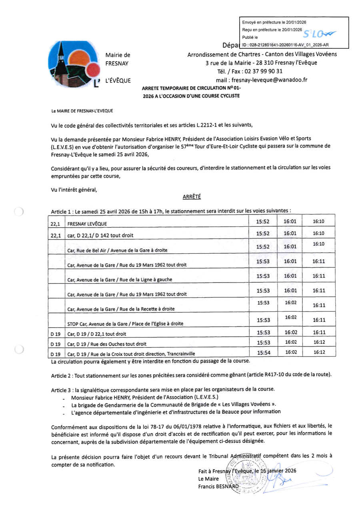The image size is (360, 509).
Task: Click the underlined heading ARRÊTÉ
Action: (192, 197)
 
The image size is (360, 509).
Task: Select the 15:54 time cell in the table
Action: (264, 353)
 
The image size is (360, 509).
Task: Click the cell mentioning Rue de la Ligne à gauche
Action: (120, 279)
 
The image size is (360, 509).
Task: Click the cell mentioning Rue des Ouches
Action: (107, 344)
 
